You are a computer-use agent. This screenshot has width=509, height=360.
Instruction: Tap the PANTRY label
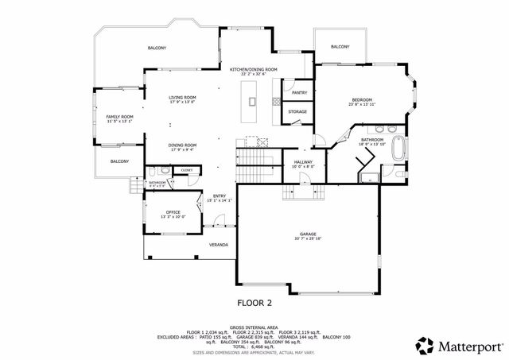(300, 92)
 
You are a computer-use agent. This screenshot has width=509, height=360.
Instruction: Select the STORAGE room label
(297, 112)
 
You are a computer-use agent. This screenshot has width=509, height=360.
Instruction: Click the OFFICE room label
(173, 212)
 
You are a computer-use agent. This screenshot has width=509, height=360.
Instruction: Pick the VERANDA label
(219, 245)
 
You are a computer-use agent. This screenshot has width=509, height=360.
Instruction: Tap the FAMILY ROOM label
(120, 117)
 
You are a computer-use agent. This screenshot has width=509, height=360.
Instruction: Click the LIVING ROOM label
(182, 97)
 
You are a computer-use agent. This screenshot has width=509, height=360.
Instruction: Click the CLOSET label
(186, 170)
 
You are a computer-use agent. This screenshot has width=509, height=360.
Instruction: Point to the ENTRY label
(218, 195)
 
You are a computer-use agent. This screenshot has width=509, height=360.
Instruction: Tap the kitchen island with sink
(253, 101)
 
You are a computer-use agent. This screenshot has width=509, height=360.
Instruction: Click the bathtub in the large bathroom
(401, 149)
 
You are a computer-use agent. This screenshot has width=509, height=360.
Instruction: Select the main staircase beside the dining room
(255, 168)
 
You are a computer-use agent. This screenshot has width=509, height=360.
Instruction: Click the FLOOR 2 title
(254, 303)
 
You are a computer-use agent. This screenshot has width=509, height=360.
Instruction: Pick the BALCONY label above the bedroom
(340, 47)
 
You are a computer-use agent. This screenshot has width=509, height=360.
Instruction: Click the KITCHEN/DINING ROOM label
(253, 70)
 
